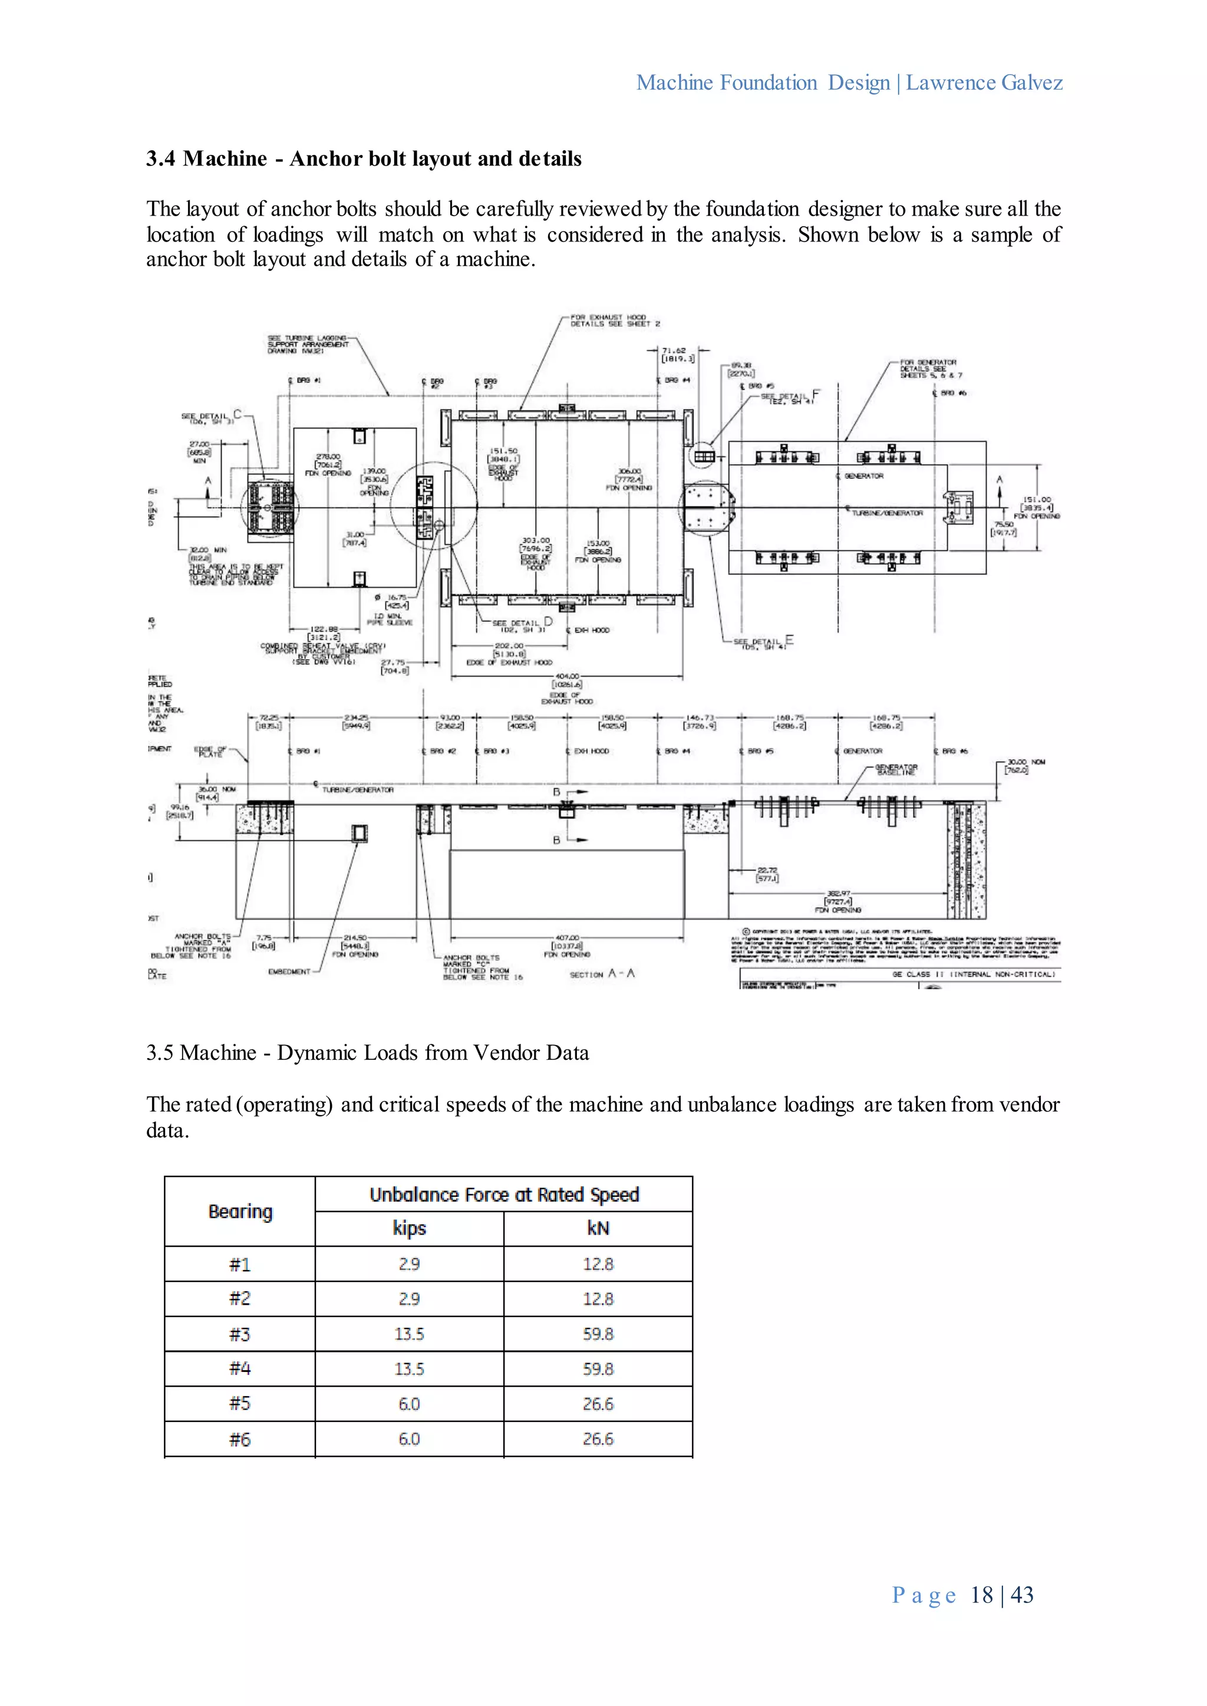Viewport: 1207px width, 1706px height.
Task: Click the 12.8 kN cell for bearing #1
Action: pyautogui.click(x=598, y=1264)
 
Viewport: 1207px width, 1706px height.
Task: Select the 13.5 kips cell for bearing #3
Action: pyautogui.click(x=409, y=1334)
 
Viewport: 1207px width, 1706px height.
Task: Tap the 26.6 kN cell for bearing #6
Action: pyautogui.click(x=598, y=1439)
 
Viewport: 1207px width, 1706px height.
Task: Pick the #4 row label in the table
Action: pyautogui.click(x=239, y=1368)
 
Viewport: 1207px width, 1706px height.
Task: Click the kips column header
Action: pyautogui.click(x=409, y=1228)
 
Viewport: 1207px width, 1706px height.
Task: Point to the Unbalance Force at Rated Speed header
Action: pyautogui.click(x=504, y=1195)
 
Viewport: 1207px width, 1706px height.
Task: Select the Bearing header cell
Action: pyautogui.click(x=240, y=1211)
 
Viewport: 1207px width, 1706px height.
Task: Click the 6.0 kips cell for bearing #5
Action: pyautogui.click(x=409, y=1404)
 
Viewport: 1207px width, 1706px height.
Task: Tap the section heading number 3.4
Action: pyautogui.click(x=160, y=158)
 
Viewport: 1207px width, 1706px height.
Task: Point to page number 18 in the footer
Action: pyautogui.click(x=981, y=1595)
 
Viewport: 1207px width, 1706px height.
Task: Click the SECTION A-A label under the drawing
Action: pyautogui.click(x=602, y=973)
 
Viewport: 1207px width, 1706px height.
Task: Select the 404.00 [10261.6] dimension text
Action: pyautogui.click(x=567, y=680)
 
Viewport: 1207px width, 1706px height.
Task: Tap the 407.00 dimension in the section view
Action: pyautogui.click(x=567, y=941)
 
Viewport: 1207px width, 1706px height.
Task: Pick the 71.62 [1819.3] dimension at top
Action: pyautogui.click(x=678, y=355)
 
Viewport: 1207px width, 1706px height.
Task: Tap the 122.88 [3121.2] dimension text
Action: pyautogui.click(x=324, y=633)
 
